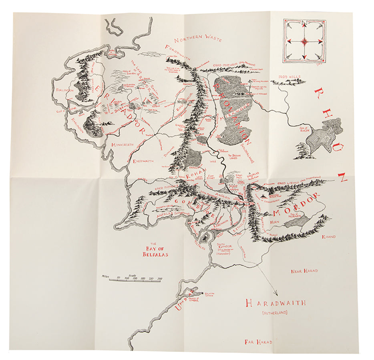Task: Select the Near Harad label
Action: tap(304, 271)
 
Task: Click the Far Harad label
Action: tap(258, 342)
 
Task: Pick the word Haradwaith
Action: tap(275, 303)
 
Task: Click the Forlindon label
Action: tap(64, 90)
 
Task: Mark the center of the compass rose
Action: tap(304, 41)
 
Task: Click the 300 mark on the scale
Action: tap(160, 278)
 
